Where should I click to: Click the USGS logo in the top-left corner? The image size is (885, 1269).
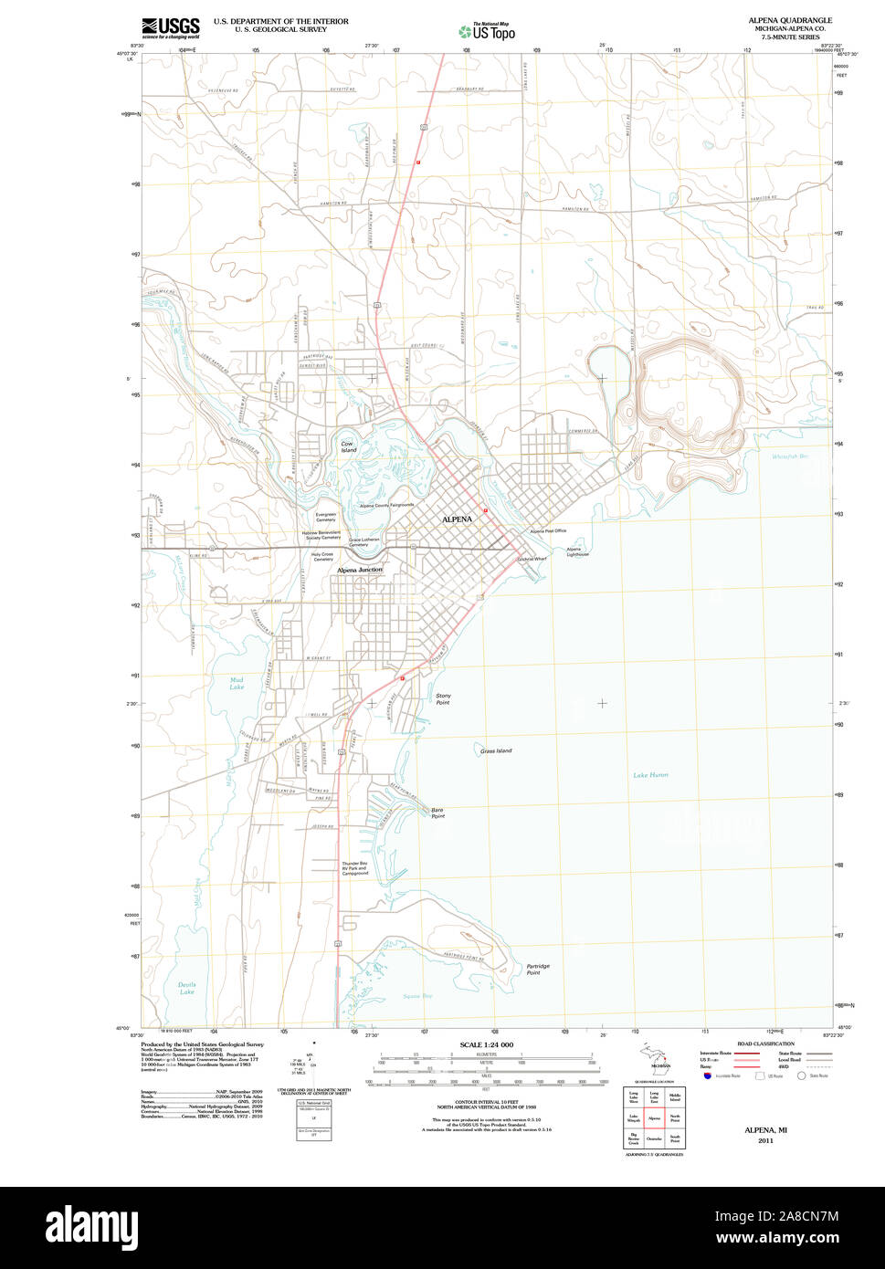point(170,27)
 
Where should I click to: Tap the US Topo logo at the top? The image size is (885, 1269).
point(487,32)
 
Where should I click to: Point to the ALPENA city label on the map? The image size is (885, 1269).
point(457,519)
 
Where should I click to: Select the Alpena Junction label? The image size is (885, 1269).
point(360,570)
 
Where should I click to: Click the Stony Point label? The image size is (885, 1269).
point(443,699)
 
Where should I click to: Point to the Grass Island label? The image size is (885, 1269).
point(496,751)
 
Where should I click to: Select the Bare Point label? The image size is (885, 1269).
point(437,813)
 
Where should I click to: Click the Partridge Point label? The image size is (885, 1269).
point(538,970)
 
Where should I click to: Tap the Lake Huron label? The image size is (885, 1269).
point(650,775)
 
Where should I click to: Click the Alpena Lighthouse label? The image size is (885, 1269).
point(578,551)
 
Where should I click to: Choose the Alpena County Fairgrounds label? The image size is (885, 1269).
point(386,505)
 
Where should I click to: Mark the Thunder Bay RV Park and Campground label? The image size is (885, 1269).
point(355,868)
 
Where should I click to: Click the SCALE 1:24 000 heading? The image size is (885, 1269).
point(486,1044)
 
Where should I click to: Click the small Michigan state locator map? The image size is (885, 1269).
point(657,1059)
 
